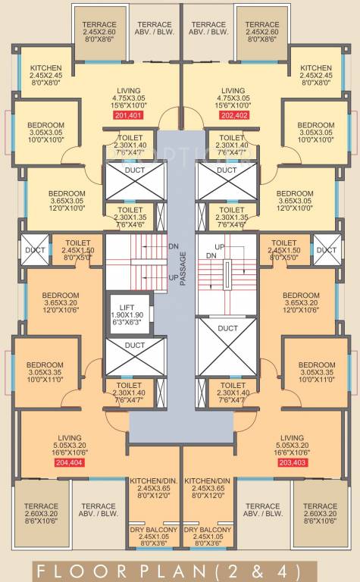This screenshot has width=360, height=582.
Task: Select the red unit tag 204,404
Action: click(x=70, y=462)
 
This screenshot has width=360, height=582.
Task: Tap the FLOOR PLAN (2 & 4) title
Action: click(x=180, y=568)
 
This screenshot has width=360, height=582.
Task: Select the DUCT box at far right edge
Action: click(x=326, y=250)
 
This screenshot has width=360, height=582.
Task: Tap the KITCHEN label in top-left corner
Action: click(x=45, y=69)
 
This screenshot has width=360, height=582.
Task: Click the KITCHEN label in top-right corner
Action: click(x=315, y=69)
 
